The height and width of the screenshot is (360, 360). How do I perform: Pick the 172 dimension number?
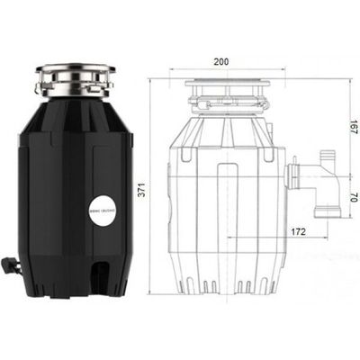coord(300,231)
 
